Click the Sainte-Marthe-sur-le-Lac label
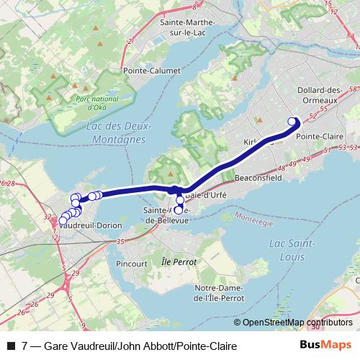coord(184,27)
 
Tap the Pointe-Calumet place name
coord(150,71)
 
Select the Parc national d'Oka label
coord(98,102)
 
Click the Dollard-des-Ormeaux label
coord(318,94)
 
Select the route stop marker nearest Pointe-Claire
coord(292,121)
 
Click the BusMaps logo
coord(326,346)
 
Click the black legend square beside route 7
coord(10,346)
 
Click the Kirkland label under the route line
coord(258,143)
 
